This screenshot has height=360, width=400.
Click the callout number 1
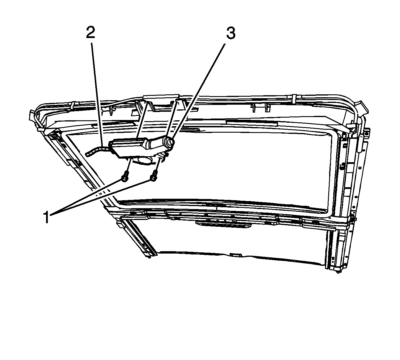(46, 218)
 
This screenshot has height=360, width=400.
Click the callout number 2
(91, 32)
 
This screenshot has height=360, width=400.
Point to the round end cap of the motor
(169, 142)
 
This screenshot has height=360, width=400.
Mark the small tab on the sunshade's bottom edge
(236, 254)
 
